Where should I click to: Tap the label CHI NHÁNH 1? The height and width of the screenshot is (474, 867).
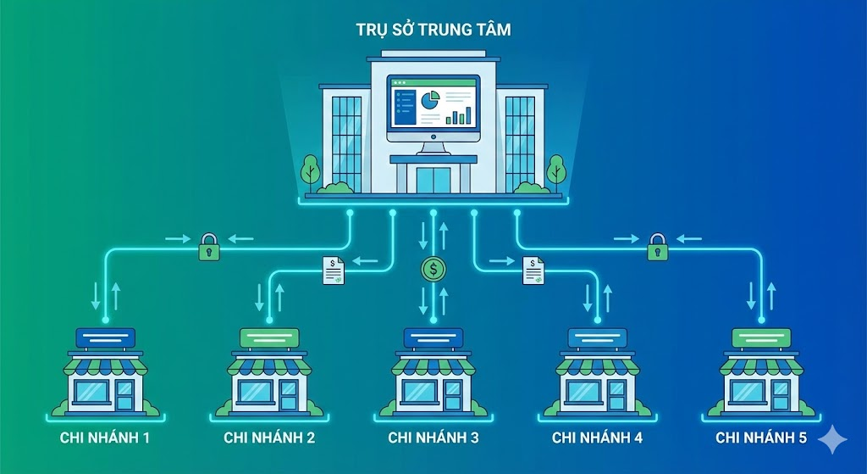pos(106,438)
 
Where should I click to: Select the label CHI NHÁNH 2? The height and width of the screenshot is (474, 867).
pos(269,438)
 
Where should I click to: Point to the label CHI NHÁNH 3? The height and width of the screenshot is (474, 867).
pos(433,438)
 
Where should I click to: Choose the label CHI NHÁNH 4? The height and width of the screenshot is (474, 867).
pos(597,438)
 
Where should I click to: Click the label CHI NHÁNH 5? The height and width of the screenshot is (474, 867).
pos(760,438)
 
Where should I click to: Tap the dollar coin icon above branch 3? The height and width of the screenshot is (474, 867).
pos(433,270)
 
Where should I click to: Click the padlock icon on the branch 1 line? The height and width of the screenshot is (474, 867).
pos(208,248)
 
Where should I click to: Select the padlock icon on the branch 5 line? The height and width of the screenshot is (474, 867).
pos(658,248)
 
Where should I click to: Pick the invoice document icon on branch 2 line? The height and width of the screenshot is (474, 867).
pos(333,270)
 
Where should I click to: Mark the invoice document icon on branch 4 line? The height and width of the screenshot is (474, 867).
pos(533,270)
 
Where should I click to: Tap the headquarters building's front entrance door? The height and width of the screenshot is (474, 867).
pos(433,181)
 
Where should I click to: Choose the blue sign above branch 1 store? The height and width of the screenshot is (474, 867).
pos(106,338)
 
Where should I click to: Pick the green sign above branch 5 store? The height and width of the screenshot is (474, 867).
pos(760,338)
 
